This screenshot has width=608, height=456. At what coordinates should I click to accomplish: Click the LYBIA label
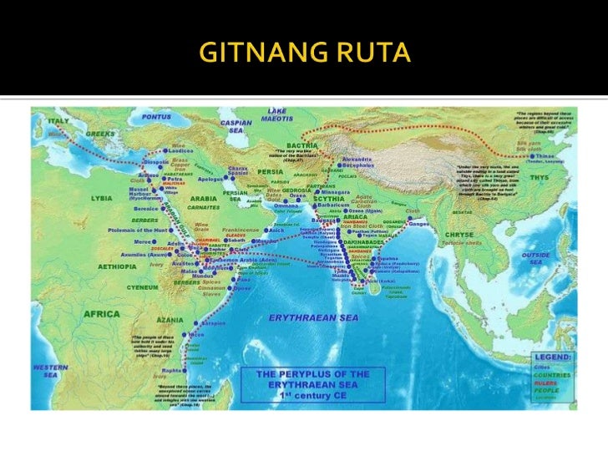pos(104,200)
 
